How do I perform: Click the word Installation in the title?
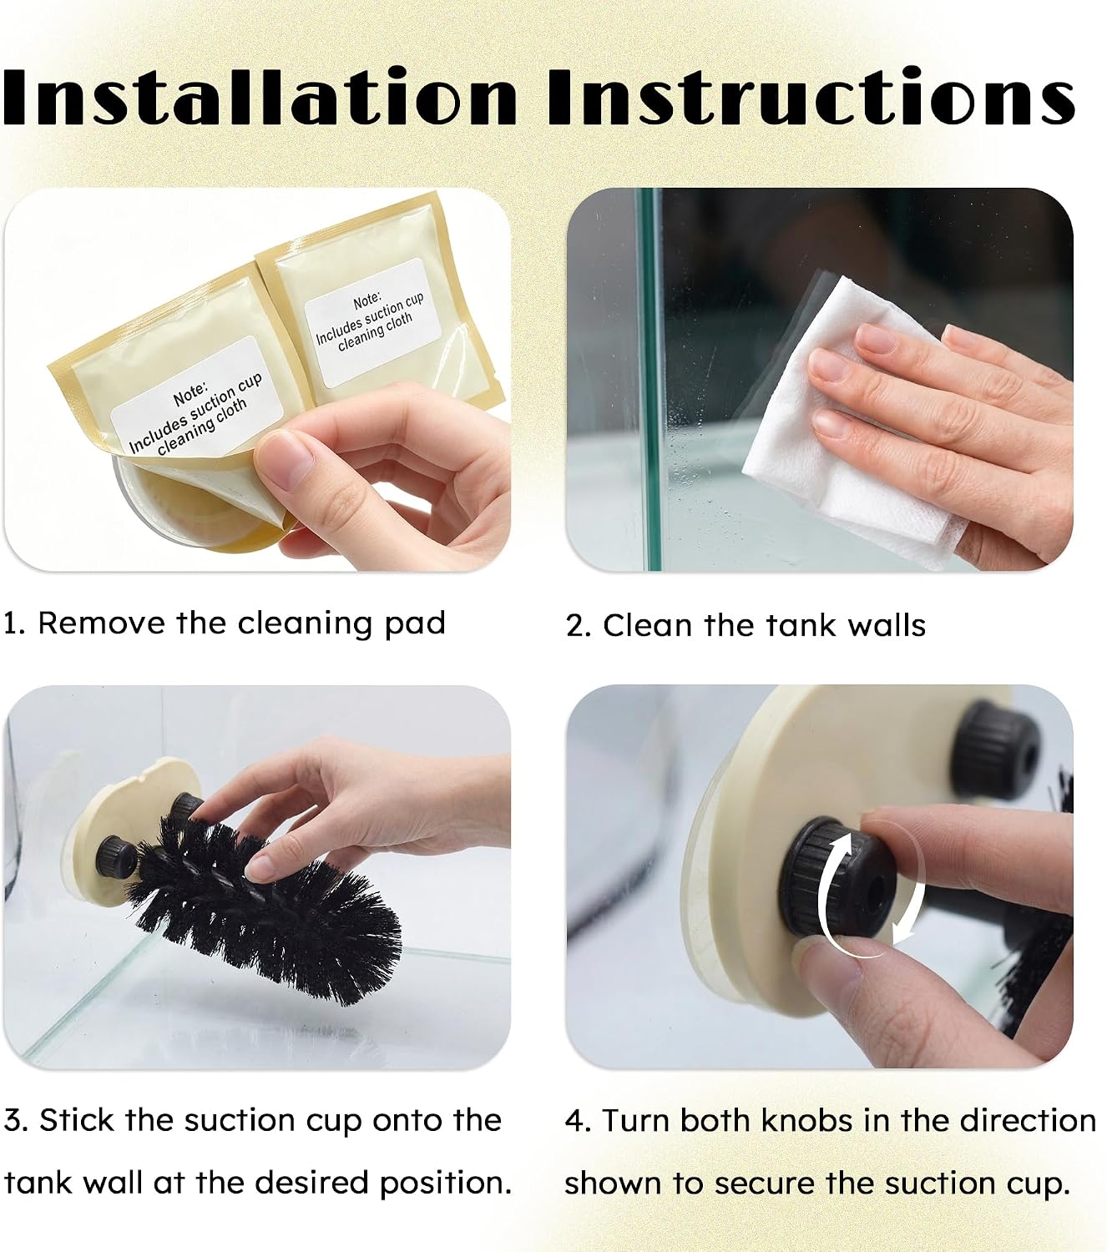point(260,96)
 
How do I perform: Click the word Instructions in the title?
point(811,96)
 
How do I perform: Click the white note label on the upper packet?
point(372,321)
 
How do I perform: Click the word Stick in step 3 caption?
point(77,1120)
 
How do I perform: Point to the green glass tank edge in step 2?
point(650,378)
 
